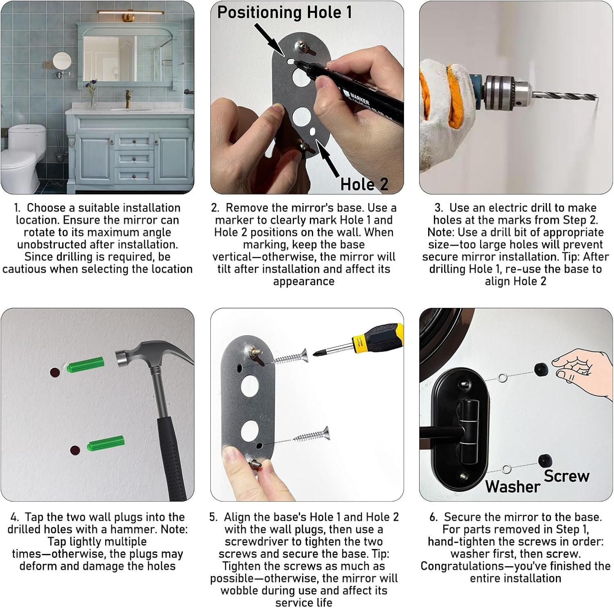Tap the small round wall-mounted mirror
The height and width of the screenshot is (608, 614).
click(x=62, y=61)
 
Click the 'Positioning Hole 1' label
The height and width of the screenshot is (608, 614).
click(x=284, y=12)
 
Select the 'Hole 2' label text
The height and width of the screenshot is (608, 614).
click(x=364, y=184)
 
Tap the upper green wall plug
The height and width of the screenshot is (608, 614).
click(x=85, y=364)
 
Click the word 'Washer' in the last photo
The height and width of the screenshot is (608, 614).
click(x=512, y=486)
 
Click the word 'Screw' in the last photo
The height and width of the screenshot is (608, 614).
click(x=567, y=476)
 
